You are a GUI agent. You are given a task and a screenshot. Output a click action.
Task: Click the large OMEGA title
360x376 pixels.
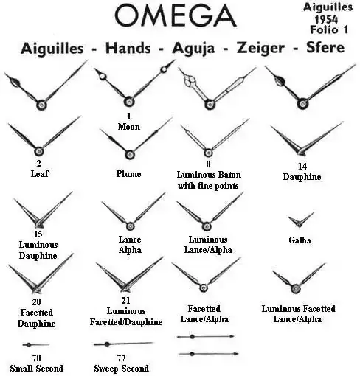[176, 15]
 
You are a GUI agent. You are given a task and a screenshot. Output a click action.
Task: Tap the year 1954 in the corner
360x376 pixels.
[326, 19]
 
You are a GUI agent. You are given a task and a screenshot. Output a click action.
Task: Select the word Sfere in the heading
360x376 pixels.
[325, 47]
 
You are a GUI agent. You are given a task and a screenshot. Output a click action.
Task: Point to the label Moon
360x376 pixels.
[129, 127]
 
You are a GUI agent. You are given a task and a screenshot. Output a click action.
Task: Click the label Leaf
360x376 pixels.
[39, 173]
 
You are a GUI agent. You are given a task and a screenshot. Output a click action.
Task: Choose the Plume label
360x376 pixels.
[128, 174]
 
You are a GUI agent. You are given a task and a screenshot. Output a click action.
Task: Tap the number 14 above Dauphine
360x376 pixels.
[302, 167]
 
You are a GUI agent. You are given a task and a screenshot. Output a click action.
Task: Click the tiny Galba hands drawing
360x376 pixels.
[300, 220]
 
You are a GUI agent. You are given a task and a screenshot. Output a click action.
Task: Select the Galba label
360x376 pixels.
[300, 240]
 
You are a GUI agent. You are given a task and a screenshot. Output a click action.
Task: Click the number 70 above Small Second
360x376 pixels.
[36, 358]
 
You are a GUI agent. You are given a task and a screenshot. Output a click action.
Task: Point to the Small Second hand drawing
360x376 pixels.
[36, 345]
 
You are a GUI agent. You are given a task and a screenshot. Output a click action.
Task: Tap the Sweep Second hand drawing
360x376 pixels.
[124, 344]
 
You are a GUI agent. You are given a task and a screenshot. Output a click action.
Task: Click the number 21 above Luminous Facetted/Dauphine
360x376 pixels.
[125, 300]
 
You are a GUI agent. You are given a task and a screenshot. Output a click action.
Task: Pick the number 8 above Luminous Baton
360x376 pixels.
[208, 164]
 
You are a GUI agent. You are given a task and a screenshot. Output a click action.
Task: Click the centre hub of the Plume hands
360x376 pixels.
[130, 155]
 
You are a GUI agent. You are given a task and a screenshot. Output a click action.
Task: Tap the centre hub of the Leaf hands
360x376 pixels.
[39, 151]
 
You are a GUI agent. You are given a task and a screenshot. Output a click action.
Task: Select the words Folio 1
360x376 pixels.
[329, 29]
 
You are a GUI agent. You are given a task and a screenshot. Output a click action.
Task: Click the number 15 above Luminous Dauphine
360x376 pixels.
[38, 234]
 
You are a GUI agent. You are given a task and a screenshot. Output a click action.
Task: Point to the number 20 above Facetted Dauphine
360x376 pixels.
[36, 302]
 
